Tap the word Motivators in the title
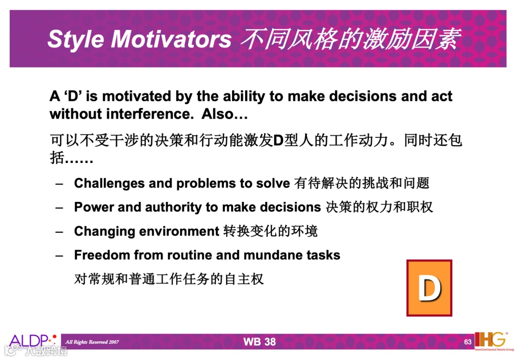pos(171,39)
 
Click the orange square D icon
pos(429,288)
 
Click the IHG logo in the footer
pos(493,340)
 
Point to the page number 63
pos(468,342)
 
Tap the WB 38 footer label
pos(260,342)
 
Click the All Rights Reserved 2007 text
pos(92,342)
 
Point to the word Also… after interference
pos(224,114)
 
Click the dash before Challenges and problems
pos(59,184)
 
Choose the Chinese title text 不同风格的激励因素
pos(351,39)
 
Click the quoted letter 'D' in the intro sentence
pos(73,96)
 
